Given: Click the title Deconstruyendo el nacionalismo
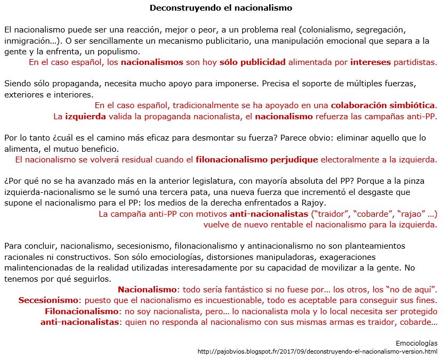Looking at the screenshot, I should [221, 8].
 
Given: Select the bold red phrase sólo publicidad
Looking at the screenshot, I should [252, 62].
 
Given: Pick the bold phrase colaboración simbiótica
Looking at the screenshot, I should [383, 105].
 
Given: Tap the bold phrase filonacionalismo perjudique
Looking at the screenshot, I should [257, 159].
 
